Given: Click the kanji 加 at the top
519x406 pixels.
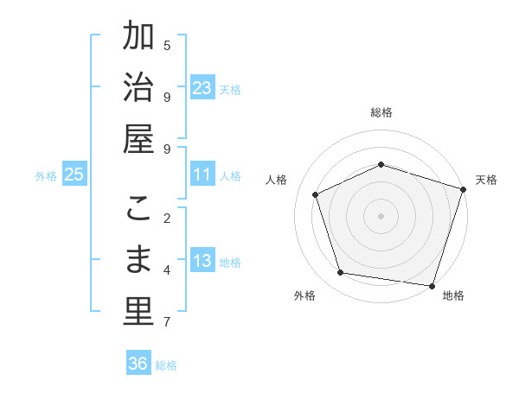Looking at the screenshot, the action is (x=138, y=38).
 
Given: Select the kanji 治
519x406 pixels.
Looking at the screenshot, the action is (x=138, y=88).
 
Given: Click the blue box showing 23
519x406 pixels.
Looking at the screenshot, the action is (x=202, y=88).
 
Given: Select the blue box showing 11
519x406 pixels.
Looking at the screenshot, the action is (x=202, y=174).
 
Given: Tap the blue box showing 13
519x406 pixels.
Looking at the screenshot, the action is (x=202, y=261).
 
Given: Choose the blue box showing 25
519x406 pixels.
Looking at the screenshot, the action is (x=74, y=174).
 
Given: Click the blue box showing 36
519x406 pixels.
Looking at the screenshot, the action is (x=138, y=364).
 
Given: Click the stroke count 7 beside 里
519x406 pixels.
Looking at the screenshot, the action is (x=167, y=322).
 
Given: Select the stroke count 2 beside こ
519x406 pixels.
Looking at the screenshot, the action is (x=167, y=218).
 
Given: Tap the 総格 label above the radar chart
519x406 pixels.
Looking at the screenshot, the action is (x=381, y=112).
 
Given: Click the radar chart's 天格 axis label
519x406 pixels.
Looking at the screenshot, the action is (x=486, y=180).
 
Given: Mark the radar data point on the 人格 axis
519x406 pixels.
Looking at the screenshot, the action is (x=316, y=194).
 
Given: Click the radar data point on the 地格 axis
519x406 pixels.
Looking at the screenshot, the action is (x=432, y=285).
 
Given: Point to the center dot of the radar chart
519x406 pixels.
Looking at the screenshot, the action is (x=381, y=215).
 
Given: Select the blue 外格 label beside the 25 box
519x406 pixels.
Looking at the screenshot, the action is (x=46, y=175).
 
